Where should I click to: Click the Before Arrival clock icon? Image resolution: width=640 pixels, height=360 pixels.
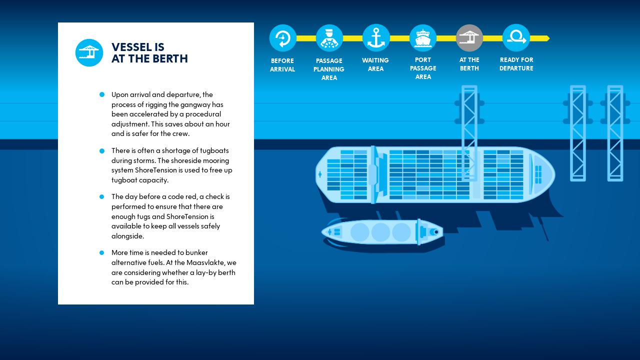point(282,38)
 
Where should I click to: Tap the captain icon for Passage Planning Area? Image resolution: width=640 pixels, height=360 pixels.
point(329,38)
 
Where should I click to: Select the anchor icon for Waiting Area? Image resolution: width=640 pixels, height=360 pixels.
point(376,38)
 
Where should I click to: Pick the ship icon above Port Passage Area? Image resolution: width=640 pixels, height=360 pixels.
point(422,38)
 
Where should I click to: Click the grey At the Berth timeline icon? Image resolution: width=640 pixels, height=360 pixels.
point(469,38)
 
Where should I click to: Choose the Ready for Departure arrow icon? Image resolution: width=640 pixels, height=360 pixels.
point(516,38)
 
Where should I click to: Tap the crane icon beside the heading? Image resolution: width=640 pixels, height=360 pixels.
point(89,52)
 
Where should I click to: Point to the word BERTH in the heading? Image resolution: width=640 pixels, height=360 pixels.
point(170,59)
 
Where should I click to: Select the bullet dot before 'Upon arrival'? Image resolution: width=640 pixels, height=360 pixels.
point(102,94)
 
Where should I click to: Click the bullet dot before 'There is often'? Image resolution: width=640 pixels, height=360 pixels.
point(102,150)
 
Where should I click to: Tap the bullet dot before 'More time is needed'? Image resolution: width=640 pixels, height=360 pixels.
point(102,253)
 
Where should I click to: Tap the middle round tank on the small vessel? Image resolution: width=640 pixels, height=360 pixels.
point(380,232)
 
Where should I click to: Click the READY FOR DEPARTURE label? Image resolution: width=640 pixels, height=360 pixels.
point(516,64)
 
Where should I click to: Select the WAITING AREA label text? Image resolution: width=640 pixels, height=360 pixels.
point(375,64)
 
